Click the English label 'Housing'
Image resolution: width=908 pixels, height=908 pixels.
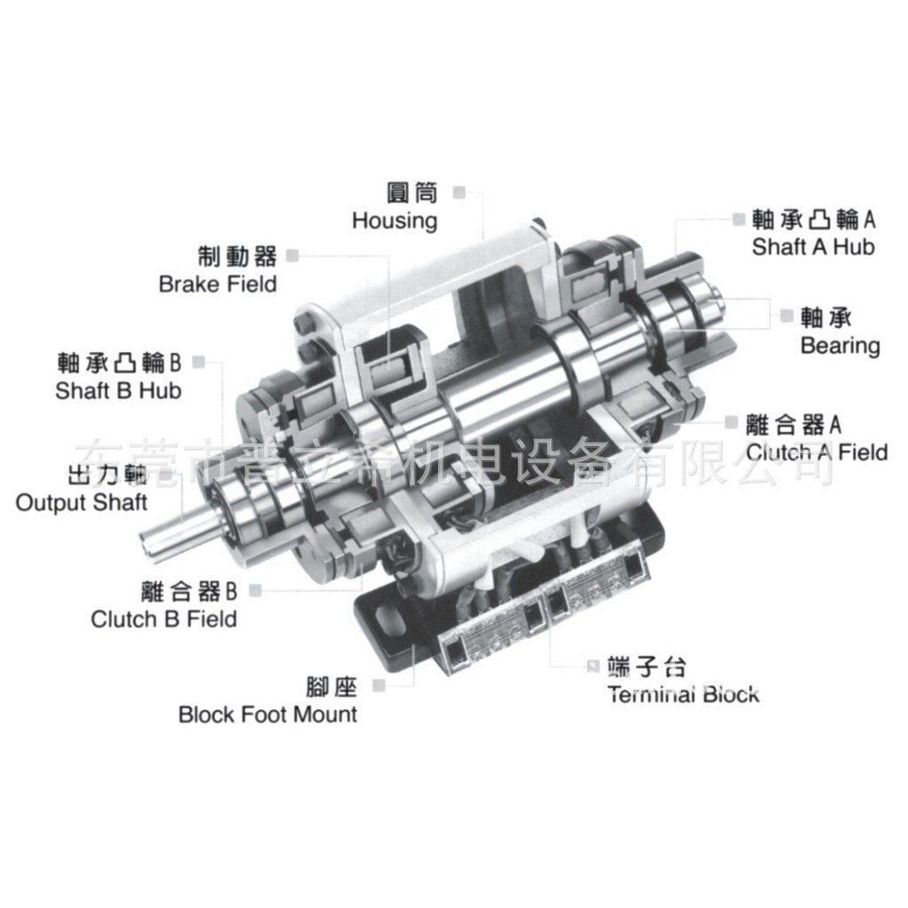pyautogui.click(x=395, y=220)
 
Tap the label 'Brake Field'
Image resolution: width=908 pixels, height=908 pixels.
pyautogui.click(x=218, y=284)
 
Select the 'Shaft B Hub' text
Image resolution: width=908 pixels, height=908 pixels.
pyautogui.click(x=118, y=390)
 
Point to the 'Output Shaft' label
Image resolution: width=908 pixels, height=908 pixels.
pyautogui.click(x=82, y=503)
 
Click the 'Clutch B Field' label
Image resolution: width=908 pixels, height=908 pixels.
pyautogui.click(x=164, y=618)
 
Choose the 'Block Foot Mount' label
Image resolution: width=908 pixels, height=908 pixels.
pyautogui.click(x=268, y=714)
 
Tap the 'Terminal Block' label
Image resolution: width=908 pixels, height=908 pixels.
pyautogui.click(x=684, y=693)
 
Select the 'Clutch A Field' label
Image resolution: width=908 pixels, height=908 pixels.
pyautogui.click(x=817, y=452)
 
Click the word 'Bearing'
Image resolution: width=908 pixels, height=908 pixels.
pyautogui.click(x=840, y=345)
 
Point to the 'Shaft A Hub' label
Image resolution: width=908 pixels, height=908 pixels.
pyautogui.click(x=813, y=246)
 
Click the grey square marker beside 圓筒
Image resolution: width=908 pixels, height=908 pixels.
pyautogui.click(x=458, y=192)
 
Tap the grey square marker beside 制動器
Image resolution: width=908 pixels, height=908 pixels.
pyautogui.click(x=293, y=255)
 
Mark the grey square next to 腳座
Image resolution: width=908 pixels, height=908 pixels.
pyautogui.click(x=379, y=685)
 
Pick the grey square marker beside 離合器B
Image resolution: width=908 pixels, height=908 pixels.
pyautogui.click(x=256, y=590)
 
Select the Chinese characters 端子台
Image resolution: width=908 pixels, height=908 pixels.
pyautogui.click(x=646, y=667)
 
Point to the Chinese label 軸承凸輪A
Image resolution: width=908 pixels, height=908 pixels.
pyautogui.click(x=813, y=218)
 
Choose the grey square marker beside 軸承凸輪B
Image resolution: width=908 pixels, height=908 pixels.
pyautogui.click(x=199, y=362)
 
